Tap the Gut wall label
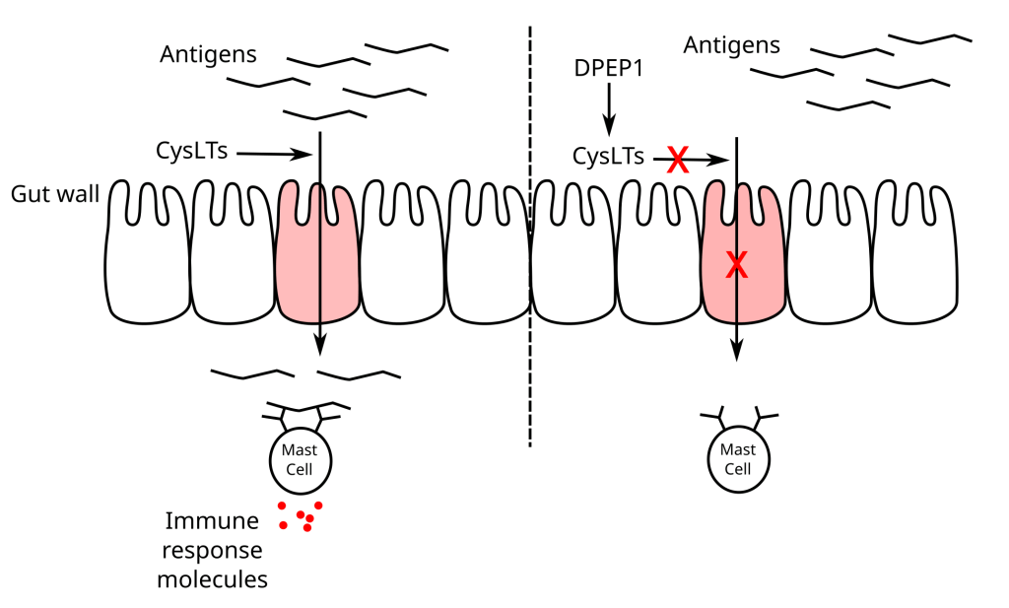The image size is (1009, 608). point(55,193)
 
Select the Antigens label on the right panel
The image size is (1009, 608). point(731,45)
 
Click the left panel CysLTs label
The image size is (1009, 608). point(192,152)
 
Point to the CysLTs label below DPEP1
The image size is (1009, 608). point(609,156)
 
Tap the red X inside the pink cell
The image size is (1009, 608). point(737,264)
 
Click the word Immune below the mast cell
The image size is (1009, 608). point(212,520)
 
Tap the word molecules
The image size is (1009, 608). point(212,579)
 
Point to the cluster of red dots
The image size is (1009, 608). point(301,515)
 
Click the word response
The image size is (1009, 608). point(212,550)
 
